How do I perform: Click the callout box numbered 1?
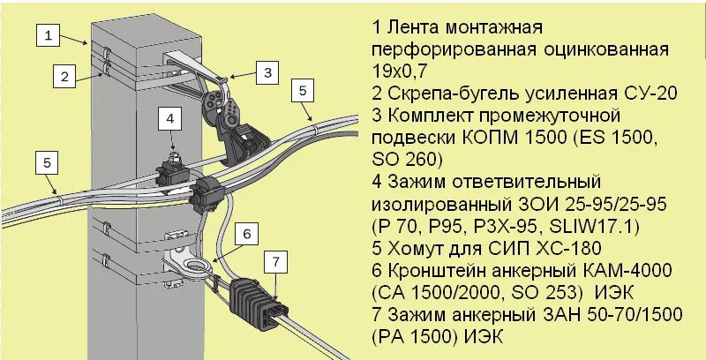pos(49,36)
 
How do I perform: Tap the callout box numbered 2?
pos(64,77)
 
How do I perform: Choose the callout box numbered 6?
pos(248,233)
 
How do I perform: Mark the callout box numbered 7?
pos(276,261)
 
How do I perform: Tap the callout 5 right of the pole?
pos(302,89)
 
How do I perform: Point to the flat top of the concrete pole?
pos(139,35)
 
